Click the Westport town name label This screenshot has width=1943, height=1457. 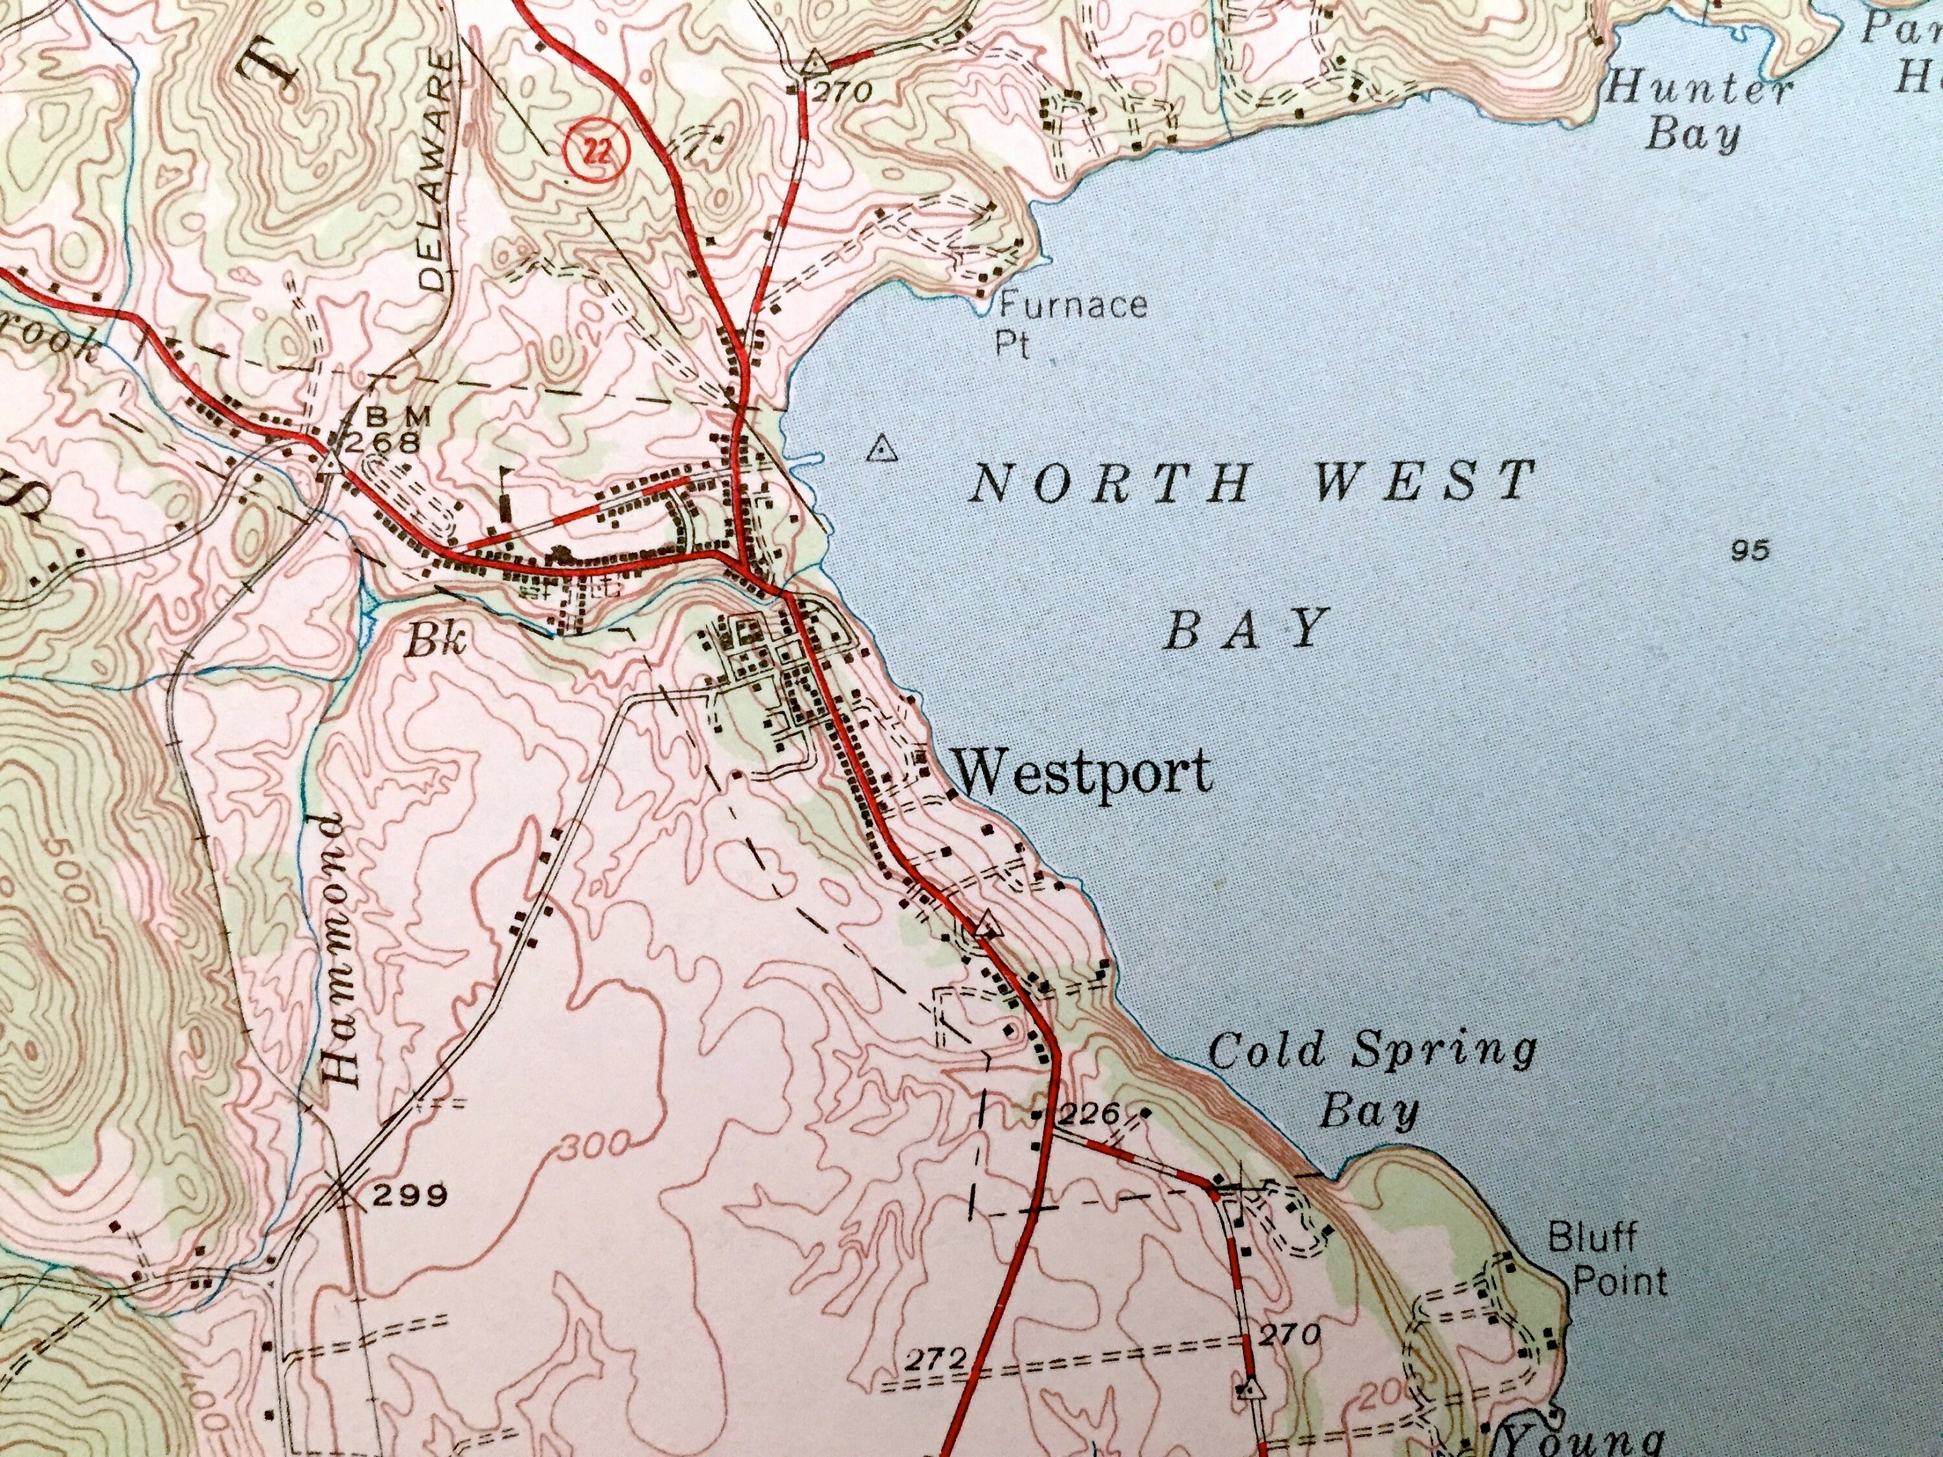(x=1082, y=773)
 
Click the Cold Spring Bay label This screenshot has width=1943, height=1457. (x=1371, y=1079)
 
